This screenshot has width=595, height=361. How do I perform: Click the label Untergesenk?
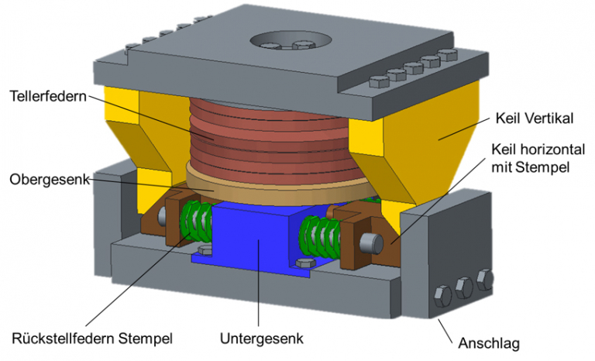(x=256, y=339)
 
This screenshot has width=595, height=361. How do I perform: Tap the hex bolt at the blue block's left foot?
(x=204, y=249)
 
